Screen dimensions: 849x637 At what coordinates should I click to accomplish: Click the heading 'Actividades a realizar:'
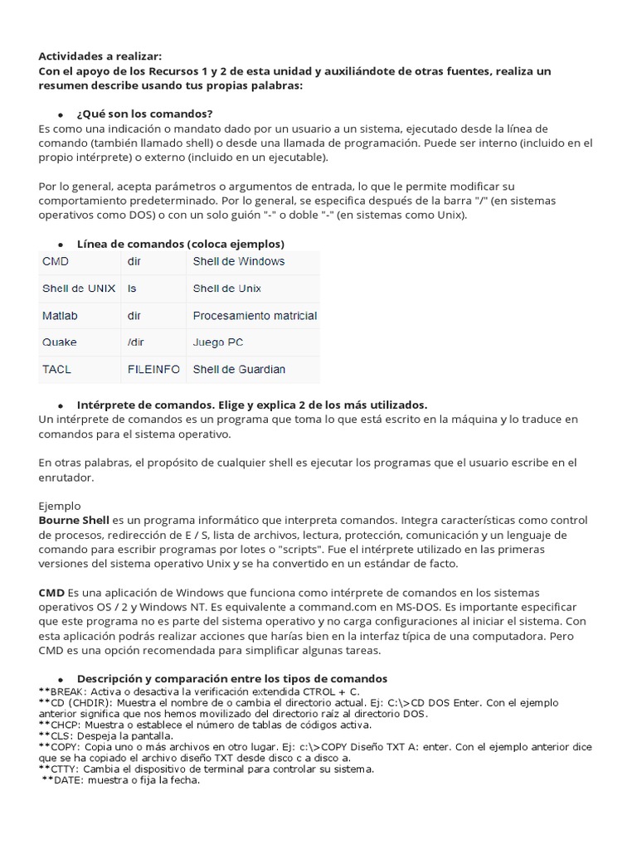[x=95, y=56]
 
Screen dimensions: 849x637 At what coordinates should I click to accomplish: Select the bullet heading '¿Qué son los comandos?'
[x=144, y=113]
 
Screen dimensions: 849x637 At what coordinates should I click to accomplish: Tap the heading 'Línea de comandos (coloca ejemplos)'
[x=180, y=244]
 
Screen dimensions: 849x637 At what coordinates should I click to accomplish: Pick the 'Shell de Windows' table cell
[x=238, y=261]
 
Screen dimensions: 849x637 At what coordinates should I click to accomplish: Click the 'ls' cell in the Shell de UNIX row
[x=132, y=289]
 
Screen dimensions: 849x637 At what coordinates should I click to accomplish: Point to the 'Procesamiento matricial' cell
[x=255, y=316]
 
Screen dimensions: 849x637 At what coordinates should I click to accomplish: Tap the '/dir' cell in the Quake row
[x=135, y=342]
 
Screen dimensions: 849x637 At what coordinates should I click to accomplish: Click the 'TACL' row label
[x=56, y=370]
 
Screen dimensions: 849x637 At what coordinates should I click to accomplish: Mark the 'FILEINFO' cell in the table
[x=153, y=370]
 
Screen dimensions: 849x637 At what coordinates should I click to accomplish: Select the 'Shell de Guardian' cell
[x=239, y=370]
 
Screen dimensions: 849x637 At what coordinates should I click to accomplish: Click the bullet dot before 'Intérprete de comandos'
[x=61, y=405]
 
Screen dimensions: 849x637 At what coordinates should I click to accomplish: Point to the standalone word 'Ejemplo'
[x=60, y=505]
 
